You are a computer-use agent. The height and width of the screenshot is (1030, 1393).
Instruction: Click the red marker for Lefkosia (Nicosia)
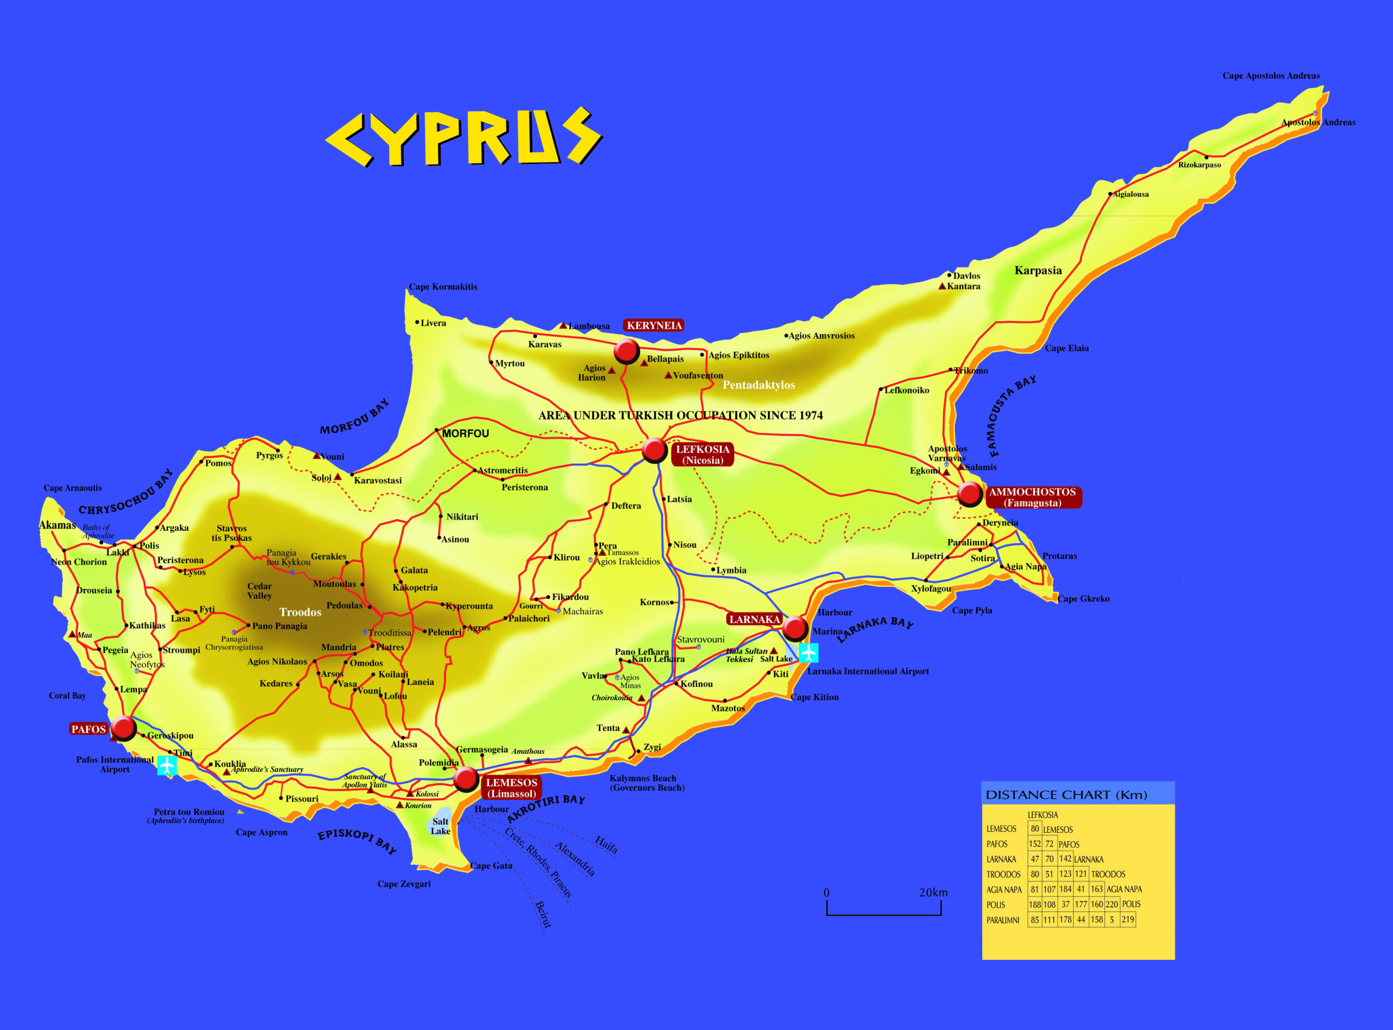655,450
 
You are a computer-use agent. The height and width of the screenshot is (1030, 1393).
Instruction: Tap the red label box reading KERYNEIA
654,326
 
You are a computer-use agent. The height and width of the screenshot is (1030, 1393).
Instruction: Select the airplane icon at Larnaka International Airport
809,653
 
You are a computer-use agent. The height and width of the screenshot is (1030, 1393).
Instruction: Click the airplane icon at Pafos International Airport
167,765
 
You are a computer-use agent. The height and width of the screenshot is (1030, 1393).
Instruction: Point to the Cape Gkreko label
1083,598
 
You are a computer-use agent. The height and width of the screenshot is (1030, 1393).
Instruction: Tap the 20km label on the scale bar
933,893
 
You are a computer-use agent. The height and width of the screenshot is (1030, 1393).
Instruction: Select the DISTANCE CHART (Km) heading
1066,795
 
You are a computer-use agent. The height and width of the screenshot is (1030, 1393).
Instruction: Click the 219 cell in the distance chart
1127,919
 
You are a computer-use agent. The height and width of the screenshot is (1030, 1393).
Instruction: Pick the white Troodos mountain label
300,612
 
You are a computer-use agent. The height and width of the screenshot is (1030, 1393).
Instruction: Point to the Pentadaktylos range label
759,385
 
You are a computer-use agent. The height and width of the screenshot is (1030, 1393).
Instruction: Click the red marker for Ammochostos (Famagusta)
970,494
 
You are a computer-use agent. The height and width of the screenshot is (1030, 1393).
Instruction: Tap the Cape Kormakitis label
442,287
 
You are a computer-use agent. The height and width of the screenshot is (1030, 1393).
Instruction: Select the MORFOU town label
466,433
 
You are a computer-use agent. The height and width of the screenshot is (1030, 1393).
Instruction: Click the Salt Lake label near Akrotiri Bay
440,826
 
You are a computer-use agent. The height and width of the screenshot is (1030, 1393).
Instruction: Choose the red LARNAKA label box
754,619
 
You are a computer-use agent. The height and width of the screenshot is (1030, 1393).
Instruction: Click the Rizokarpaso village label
1199,165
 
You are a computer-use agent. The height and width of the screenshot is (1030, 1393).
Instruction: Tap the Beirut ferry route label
543,914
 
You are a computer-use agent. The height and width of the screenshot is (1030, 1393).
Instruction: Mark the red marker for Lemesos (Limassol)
466,778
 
